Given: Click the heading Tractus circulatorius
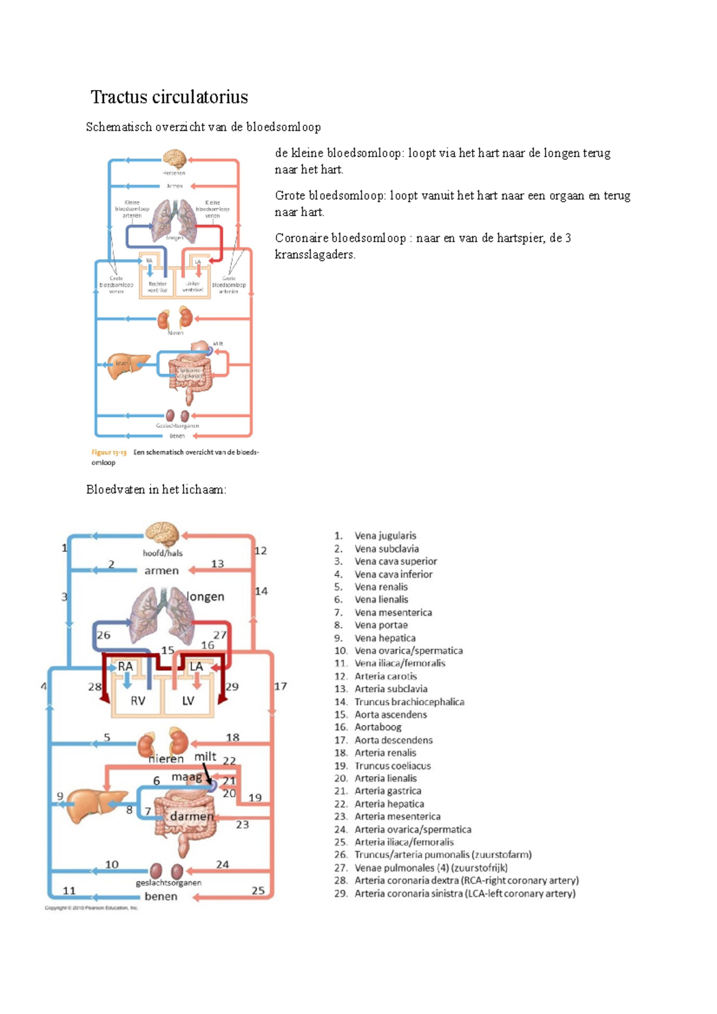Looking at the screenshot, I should [x=169, y=97].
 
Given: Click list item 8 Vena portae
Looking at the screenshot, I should [x=381, y=625].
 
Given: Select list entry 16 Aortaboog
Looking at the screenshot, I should [x=378, y=727].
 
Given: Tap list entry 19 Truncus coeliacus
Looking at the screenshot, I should [x=392, y=766].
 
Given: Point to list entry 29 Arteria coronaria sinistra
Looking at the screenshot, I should [x=464, y=893].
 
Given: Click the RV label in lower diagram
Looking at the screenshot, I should [x=138, y=700].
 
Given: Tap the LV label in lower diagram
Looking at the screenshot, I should [x=188, y=700].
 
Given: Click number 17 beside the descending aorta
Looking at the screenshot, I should [x=280, y=686].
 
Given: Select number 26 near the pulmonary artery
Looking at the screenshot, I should [x=103, y=635].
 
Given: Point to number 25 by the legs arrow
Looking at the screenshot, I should [x=258, y=890].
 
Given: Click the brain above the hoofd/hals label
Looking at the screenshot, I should [x=163, y=533].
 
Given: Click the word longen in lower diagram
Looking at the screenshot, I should [x=206, y=597].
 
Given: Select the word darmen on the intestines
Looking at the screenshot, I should [x=192, y=816].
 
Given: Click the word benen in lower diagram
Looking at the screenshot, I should [x=161, y=896].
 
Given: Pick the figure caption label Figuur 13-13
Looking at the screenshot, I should [x=109, y=453].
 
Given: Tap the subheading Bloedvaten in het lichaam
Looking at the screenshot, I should [x=156, y=490].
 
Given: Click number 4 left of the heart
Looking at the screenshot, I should [x=44, y=687].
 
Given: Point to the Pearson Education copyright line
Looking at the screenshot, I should [x=91, y=908].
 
